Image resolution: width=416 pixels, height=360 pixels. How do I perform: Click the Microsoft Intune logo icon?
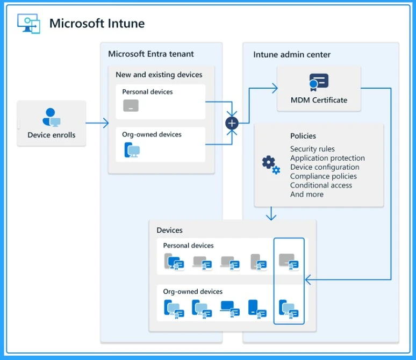(x=28, y=24)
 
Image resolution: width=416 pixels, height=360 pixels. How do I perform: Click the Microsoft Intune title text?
(x=97, y=24)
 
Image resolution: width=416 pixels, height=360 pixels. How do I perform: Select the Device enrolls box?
(x=52, y=124)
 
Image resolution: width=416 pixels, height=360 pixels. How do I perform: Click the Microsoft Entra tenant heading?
(x=151, y=54)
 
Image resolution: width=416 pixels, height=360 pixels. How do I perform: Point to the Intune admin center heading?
(x=292, y=54)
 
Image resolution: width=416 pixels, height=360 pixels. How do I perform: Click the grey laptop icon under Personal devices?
(x=131, y=105)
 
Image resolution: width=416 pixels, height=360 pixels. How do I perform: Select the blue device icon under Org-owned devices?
(x=132, y=150)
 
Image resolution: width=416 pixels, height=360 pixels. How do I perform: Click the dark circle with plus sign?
(x=232, y=123)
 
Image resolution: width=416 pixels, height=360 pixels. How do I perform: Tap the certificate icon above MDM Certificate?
(x=319, y=82)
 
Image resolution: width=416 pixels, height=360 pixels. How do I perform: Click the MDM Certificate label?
(x=319, y=100)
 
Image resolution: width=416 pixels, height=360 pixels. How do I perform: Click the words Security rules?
(x=312, y=149)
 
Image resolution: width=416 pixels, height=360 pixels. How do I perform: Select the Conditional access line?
(x=321, y=185)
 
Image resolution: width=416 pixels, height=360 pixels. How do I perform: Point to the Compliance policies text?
(x=323, y=176)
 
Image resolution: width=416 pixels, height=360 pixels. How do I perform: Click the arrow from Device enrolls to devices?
(x=97, y=124)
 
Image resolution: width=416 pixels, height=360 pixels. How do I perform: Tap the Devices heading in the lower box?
(x=169, y=230)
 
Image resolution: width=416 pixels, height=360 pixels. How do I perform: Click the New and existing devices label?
(x=159, y=75)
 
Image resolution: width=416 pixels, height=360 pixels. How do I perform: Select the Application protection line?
(x=327, y=158)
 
